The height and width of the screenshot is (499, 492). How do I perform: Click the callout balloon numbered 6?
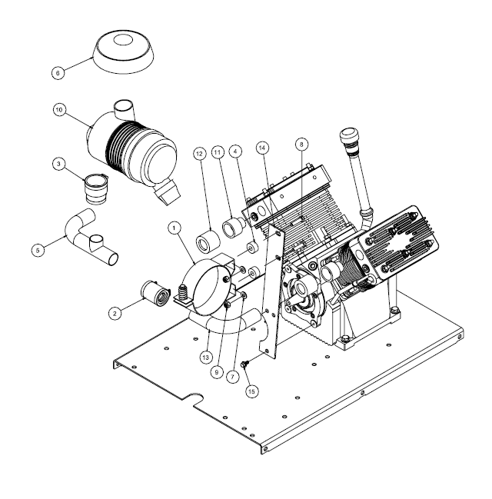point(58,73)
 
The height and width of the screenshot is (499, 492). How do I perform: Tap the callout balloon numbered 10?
point(59,110)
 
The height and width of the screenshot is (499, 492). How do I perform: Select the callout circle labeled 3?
point(58,165)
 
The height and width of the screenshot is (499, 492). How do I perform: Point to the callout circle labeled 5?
point(38,250)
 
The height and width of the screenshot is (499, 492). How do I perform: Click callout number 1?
point(174,228)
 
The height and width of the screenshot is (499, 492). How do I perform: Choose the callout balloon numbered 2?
point(115,313)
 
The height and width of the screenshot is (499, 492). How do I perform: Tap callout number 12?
point(200,154)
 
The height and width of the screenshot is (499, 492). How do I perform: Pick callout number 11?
point(218,152)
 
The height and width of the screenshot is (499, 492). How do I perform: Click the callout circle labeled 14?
point(262,148)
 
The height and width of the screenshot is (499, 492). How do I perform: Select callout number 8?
point(301,144)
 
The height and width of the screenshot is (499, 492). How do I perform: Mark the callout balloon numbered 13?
point(206,358)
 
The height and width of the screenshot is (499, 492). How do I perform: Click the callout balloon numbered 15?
point(251,391)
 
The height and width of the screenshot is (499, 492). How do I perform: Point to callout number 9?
point(217,372)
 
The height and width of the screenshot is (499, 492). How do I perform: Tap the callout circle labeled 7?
point(233,377)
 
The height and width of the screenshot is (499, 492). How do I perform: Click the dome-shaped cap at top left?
point(124,52)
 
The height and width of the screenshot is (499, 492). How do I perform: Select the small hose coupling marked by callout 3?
point(95,188)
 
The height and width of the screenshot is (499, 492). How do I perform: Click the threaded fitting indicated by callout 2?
point(154,293)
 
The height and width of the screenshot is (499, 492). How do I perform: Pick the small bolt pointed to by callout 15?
point(244,364)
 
